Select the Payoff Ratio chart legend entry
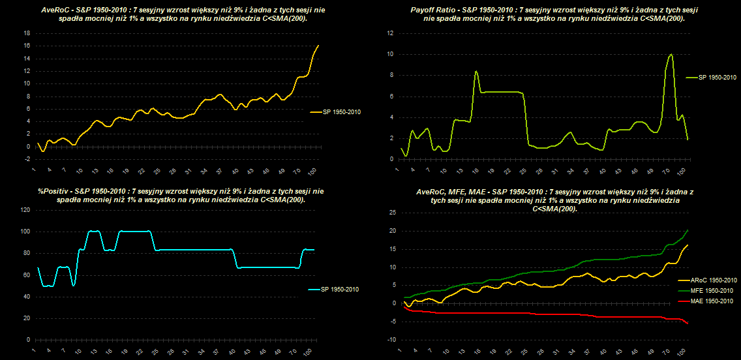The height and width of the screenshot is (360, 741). [715, 77]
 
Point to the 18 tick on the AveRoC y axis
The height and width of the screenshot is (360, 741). [27, 33]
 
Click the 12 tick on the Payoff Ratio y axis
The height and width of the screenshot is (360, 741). [389, 33]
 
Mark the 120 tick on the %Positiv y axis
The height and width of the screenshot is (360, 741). [25, 210]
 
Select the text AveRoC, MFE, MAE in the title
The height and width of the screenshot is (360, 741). [448, 193]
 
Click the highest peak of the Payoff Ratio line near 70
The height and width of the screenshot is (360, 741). [671, 55]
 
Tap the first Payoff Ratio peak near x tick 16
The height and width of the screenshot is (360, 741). [476, 70]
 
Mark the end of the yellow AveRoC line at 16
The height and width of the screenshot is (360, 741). [318, 46]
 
